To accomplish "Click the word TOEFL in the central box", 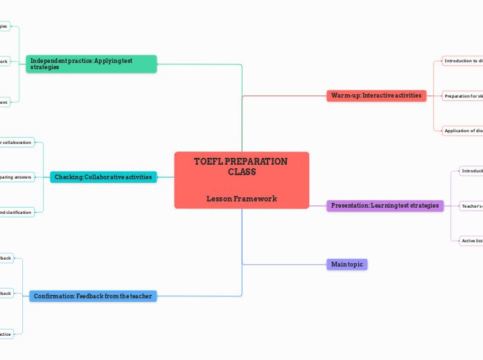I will pyautogui.click(x=207, y=161).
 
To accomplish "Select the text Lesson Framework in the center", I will pyautogui.click(x=241, y=199).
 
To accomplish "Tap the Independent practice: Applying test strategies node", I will pyautogui.click(x=91, y=64).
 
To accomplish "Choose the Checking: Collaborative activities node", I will pyautogui.click(x=103, y=177).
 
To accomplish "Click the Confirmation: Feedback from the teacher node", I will pyautogui.click(x=92, y=296).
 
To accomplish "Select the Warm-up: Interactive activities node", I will pyautogui.click(x=376, y=96).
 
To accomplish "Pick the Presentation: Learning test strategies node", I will pyautogui.click(x=385, y=206).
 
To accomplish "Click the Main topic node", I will pyautogui.click(x=346, y=264).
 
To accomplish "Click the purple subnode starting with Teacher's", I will pyautogui.click(x=471, y=206).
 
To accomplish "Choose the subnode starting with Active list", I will pyautogui.click(x=471, y=241).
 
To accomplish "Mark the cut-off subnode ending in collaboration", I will pyautogui.click(x=16, y=143).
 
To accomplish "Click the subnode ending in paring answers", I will pyautogui.click(x=16, y=177).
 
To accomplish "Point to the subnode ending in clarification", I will pyautogui.click(x=16, y=212).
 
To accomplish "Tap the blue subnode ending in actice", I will pyautogui.click(x=6, y=334).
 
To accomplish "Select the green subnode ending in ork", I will pyautogui.click(x=4, y=62).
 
